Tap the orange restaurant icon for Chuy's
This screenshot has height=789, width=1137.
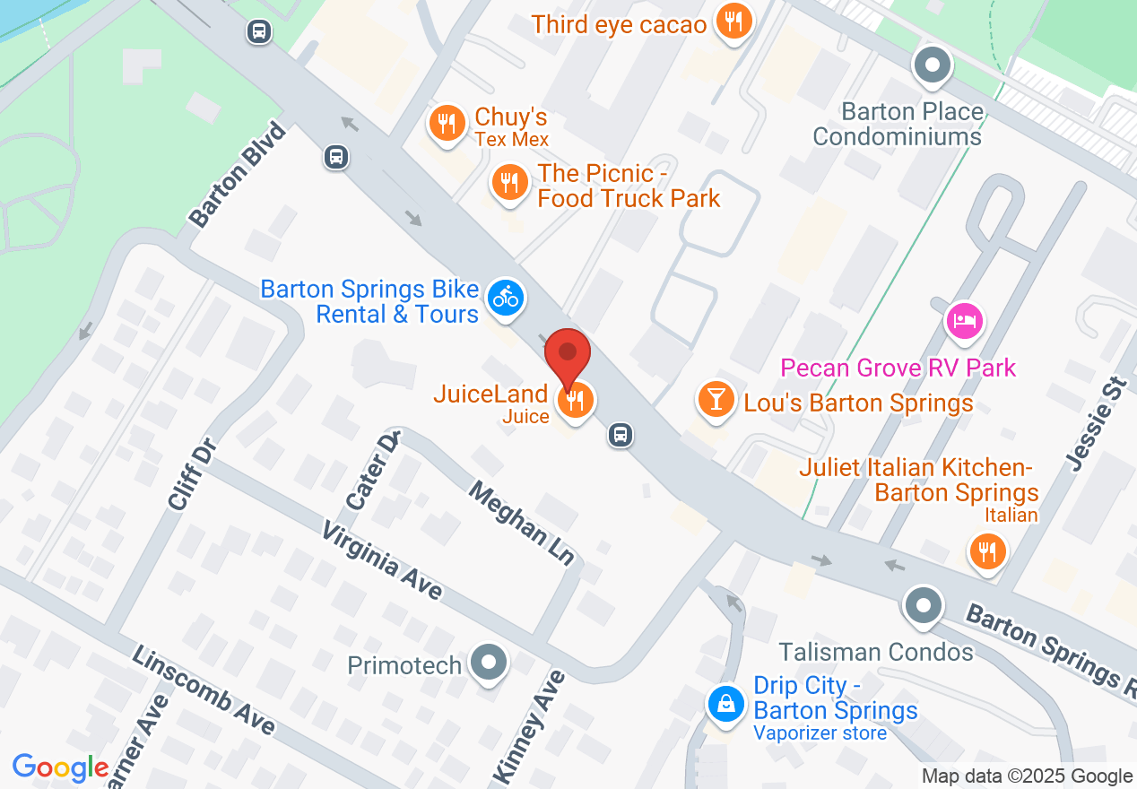446,122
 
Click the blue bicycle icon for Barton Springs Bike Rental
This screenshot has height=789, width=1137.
506,297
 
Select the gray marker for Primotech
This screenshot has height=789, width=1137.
490,663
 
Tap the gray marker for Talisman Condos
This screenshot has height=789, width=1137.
923,604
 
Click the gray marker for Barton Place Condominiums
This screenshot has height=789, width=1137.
933,65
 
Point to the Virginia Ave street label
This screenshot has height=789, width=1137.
384,561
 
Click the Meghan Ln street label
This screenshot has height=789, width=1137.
521,524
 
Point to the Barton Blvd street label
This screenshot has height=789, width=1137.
238,174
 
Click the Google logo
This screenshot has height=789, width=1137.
60,767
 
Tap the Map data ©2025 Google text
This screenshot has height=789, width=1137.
1027,776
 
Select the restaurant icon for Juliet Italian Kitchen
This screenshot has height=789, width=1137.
987,551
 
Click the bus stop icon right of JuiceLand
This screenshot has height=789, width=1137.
620,436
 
